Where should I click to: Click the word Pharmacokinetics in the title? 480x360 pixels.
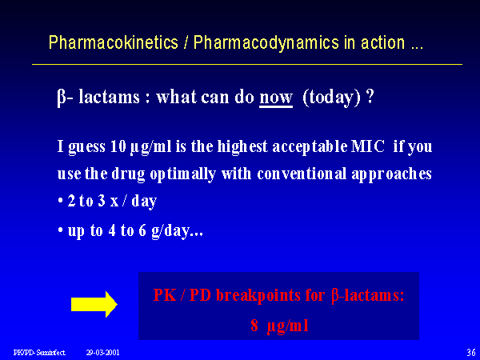(114, 42)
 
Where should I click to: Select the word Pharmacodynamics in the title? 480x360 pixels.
(266, 43)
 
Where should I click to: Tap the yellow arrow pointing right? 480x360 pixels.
(94, 304)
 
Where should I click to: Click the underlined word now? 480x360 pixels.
(276, 98)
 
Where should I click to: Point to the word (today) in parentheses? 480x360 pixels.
(332, 98)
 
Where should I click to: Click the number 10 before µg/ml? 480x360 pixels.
(118, 146)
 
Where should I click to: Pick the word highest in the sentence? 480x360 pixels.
(242, 147)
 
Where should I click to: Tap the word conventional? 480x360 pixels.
(302, 174)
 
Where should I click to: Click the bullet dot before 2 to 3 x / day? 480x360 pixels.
(60, 202)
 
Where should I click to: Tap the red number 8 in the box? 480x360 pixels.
(254, 325)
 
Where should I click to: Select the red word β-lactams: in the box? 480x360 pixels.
(368, 296)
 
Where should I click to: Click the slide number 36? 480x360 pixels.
(471, 352)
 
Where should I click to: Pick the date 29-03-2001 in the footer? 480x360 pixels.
(102, 353)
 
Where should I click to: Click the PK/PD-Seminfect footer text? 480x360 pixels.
(39, 353)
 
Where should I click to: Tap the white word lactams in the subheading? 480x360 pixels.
(109, 98)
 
